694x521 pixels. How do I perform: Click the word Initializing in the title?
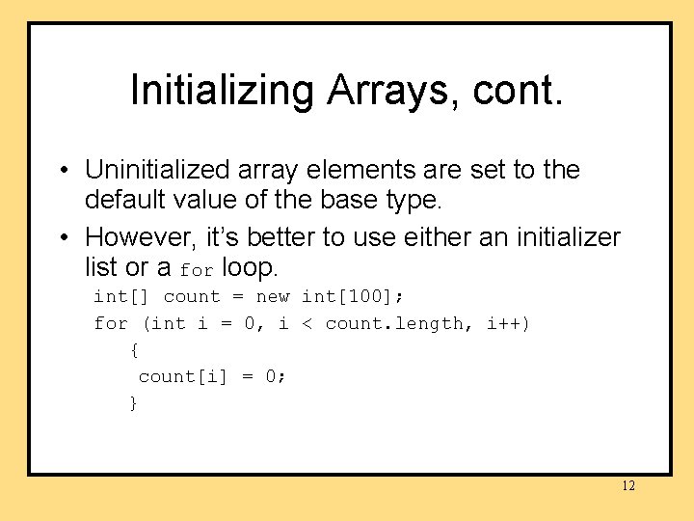coord(223,91)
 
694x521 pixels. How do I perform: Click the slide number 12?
coord(627,485)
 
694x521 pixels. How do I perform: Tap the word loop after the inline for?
coord(249,266)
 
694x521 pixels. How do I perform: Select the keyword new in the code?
coord(273,296)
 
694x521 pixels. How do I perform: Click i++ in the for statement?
coord(507,323)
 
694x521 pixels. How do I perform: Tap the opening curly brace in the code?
coord(134,350)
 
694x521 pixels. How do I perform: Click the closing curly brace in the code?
coord(134,403)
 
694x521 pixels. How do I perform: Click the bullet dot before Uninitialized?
coord(61,171)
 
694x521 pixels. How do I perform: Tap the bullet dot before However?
coord(61,237)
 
